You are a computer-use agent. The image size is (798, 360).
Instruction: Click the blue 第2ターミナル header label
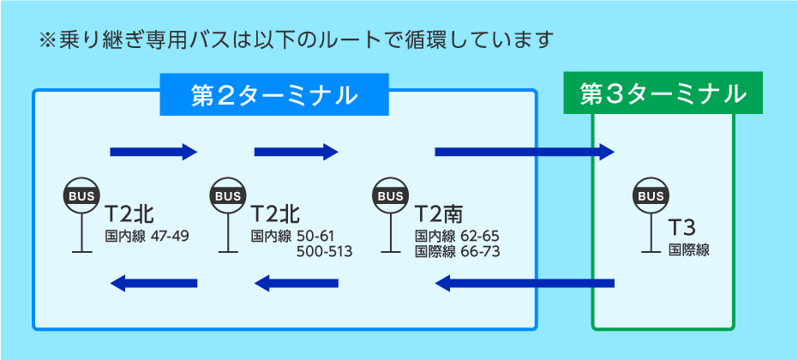[x=274, y=95]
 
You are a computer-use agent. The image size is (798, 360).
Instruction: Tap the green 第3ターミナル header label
[x=663, y=94]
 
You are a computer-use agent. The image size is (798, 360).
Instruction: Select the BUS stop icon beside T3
[x=651, y=196]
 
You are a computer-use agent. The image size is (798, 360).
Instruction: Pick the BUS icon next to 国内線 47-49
[x=82, y=196]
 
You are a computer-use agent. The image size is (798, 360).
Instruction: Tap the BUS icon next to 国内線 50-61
[x=228, y=196]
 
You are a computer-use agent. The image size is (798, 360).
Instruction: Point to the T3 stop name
[x=681, y=228]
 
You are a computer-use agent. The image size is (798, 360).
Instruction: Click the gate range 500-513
[x=324, y=251]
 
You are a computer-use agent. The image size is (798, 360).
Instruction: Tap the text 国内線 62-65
[x=457, y=236]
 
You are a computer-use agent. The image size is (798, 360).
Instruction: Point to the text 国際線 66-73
[x=457, y=251]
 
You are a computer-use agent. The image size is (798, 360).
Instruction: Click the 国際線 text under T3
[x=688, y=250]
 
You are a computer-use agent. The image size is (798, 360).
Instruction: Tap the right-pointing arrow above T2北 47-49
[x=154, y=153]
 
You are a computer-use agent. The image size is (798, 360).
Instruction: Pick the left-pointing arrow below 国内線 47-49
[x=154, y=283]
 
